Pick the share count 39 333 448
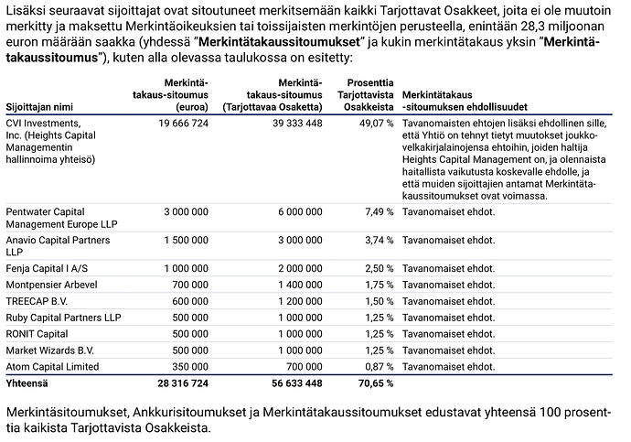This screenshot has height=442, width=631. pos(289,123)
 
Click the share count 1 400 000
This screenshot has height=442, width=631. pos(295,284)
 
